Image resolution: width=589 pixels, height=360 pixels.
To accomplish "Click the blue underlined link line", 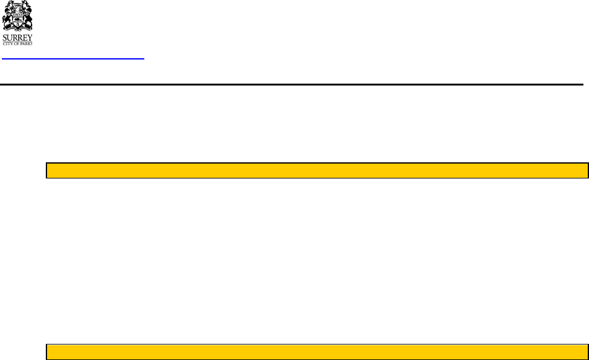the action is click(x=73, y=59).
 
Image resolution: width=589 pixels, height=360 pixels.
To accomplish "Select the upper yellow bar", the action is click(x=317, y=170).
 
